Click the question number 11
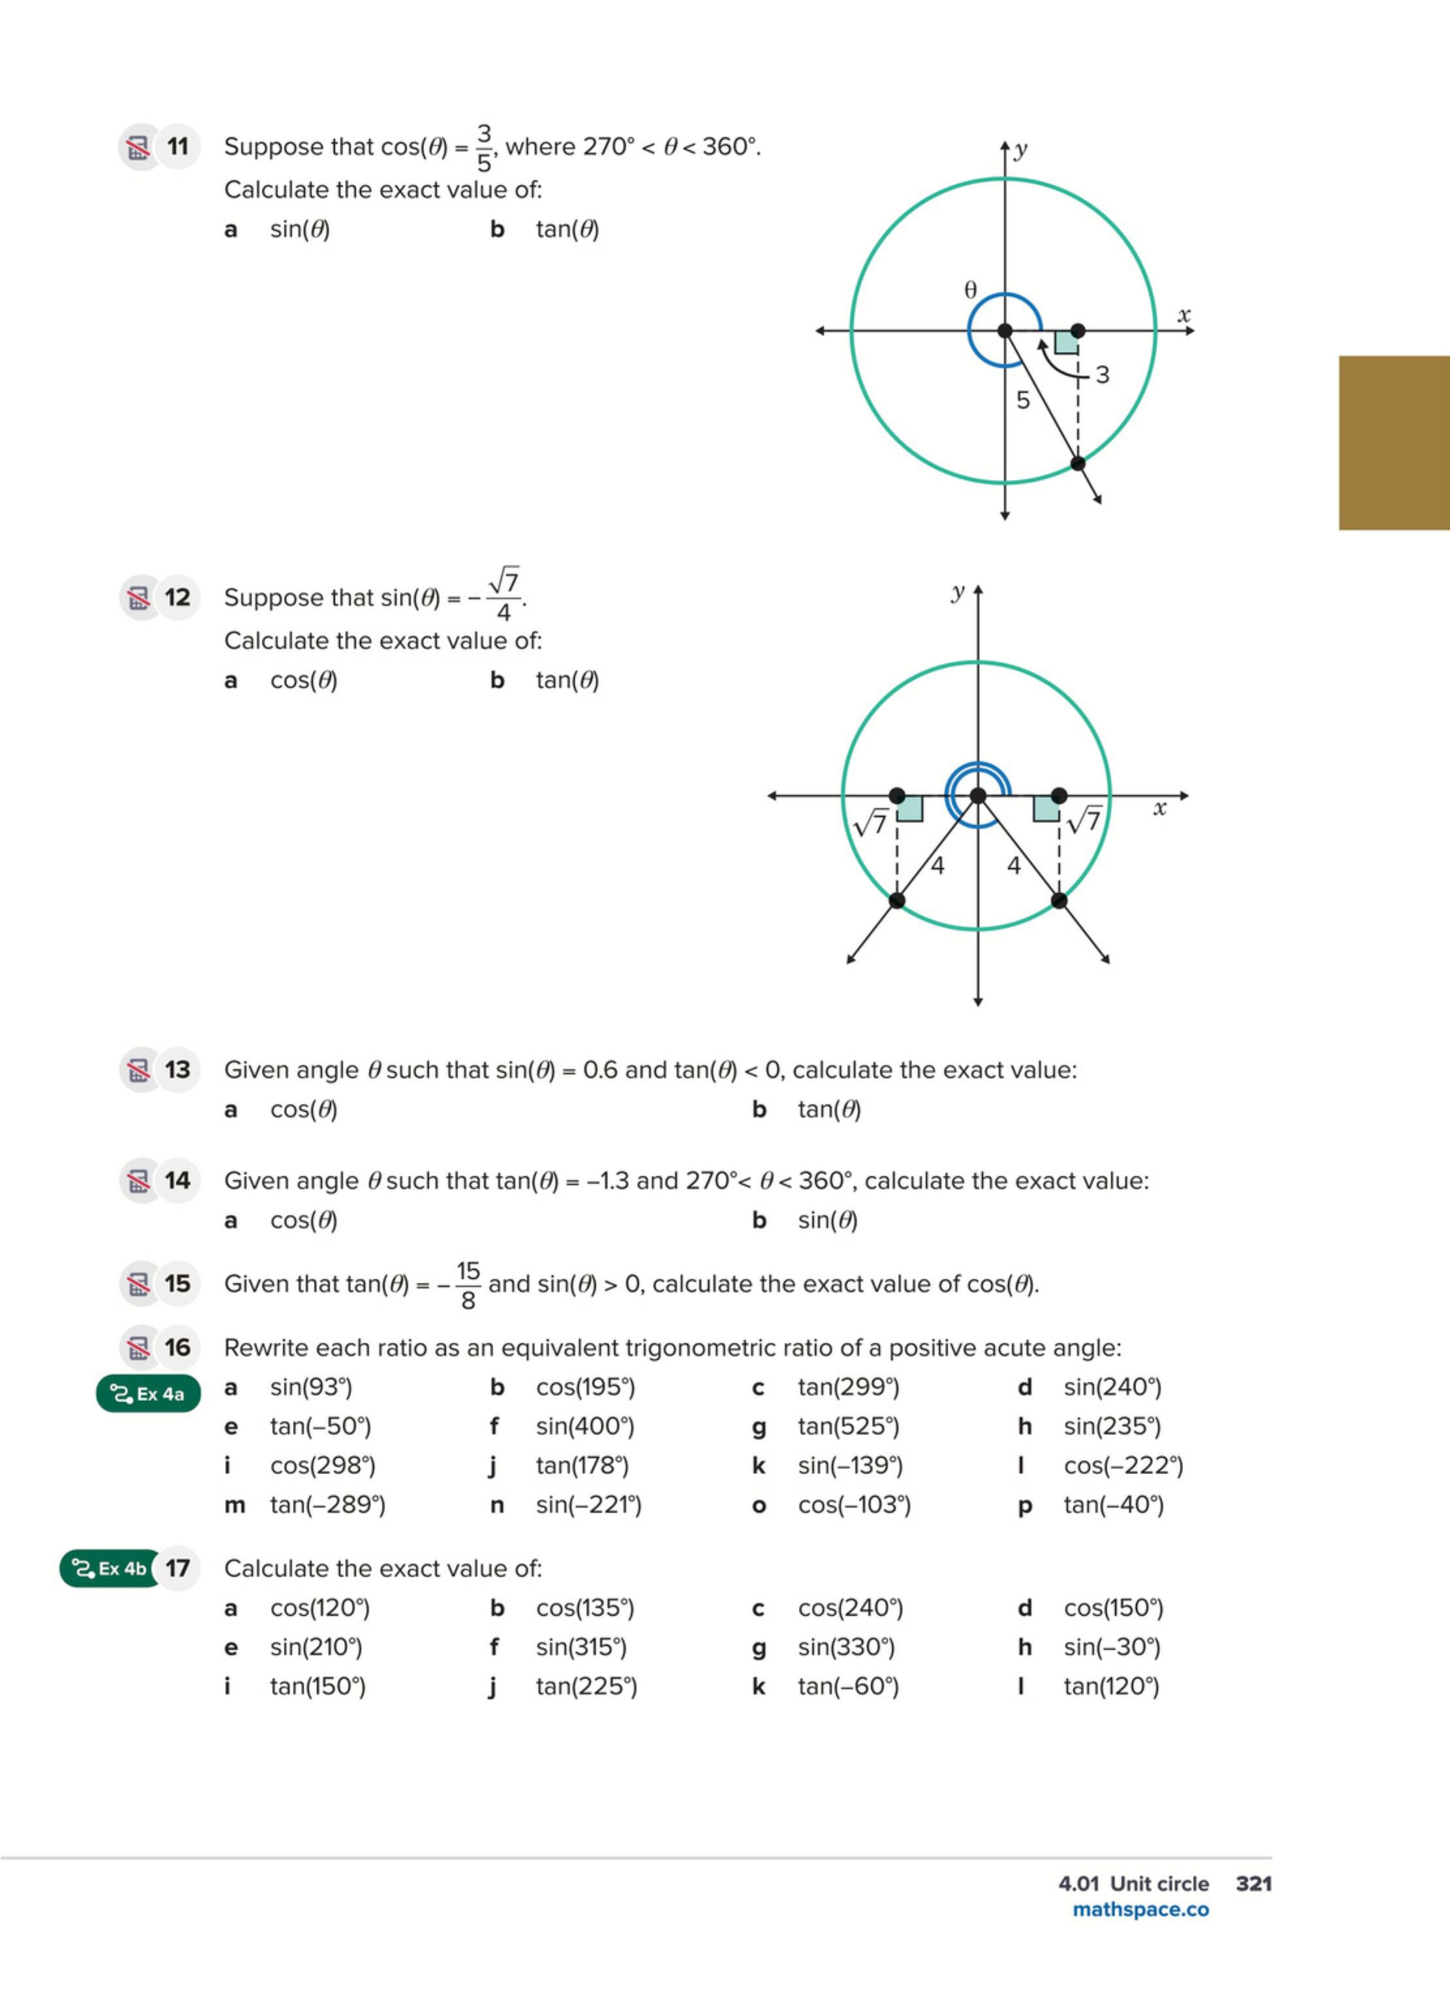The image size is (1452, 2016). pos(178,147)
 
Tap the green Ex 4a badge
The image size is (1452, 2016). pos(148,1394)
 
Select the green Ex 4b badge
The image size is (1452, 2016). pos(109,1569)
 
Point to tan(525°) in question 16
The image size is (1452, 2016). pos(848,1426)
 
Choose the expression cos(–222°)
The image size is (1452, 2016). pos(1123,1466)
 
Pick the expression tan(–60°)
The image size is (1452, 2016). pos(848,1686)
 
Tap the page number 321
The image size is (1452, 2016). pos(1254,1883)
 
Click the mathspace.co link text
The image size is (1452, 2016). pos(1140,1910)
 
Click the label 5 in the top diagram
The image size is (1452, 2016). pos(1023,401)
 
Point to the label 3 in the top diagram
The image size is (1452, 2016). pos(1102,375)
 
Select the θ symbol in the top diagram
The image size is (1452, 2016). pos(970,290)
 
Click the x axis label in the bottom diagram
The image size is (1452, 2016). pos(1159,809)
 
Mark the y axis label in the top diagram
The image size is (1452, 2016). pos(1021,150)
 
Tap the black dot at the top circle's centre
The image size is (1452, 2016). pos(1005,330)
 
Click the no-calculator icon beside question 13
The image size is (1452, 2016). pos(138,1070)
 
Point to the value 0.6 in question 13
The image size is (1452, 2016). pos(600,1070)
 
